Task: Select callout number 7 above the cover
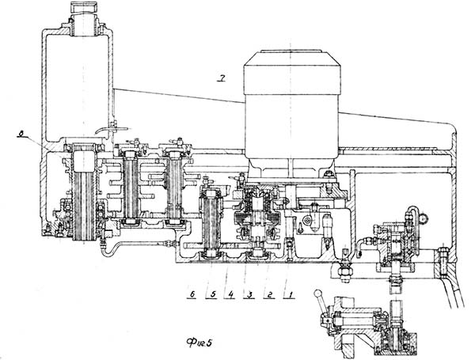pos(224,76)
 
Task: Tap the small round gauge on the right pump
pos(425,214)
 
